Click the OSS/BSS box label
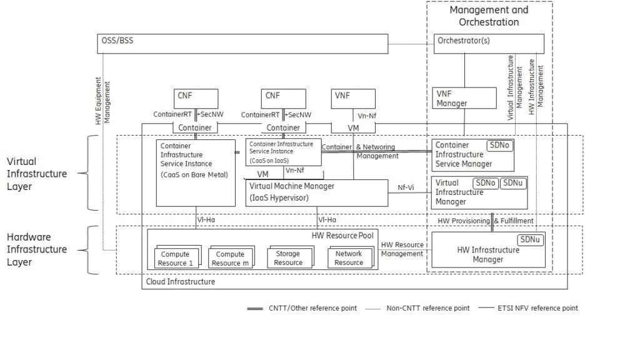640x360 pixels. (x=117, y=42)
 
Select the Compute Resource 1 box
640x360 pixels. (x=175, y=258)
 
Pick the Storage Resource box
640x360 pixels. (x=288, y=258)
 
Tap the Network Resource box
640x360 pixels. (x=349, y=257)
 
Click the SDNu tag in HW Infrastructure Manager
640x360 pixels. (x=531, y=240)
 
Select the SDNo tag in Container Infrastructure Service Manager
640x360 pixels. (x=500, y=145)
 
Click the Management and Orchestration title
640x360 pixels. (x=489, y=16)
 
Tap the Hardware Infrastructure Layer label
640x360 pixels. (x=36, y=249)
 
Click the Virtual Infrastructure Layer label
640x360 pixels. (x=36, y=174)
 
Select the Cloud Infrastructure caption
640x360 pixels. (x=180, y=282)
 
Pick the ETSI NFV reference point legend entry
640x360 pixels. (x=534, y=308)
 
